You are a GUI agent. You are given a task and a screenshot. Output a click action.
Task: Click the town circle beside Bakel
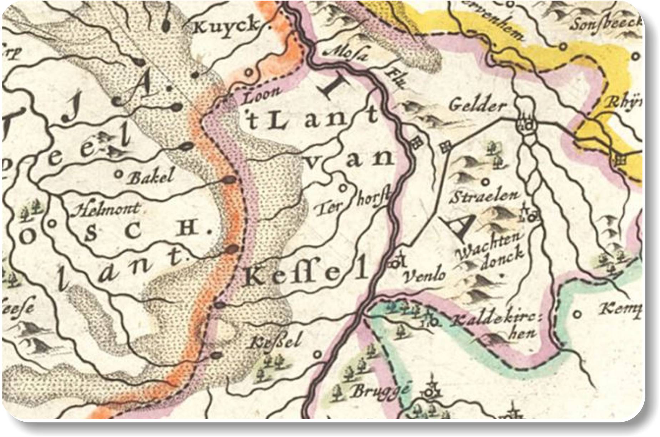click(x=119, y=174)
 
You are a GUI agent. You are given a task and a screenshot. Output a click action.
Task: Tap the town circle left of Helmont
click(x=51, y=224)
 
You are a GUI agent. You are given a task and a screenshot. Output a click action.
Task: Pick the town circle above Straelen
click(x=485, y=182)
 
